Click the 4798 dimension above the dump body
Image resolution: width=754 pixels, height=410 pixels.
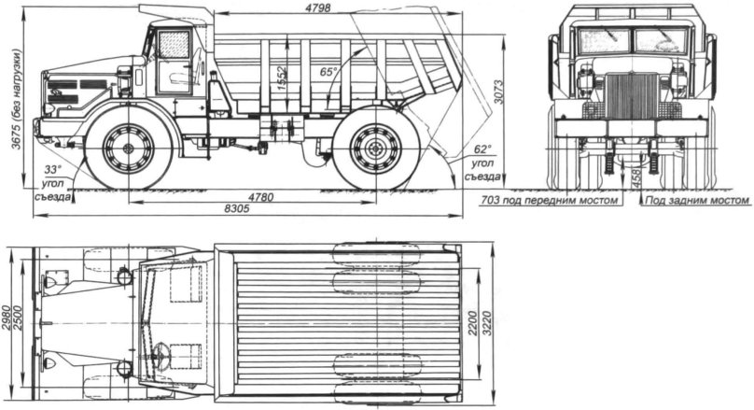tap(340, 8)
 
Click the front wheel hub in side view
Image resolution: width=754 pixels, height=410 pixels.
tap(128, 148)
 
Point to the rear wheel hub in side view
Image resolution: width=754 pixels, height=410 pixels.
tap(376, 148)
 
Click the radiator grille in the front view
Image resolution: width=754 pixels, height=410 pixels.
tap(633, 95)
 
